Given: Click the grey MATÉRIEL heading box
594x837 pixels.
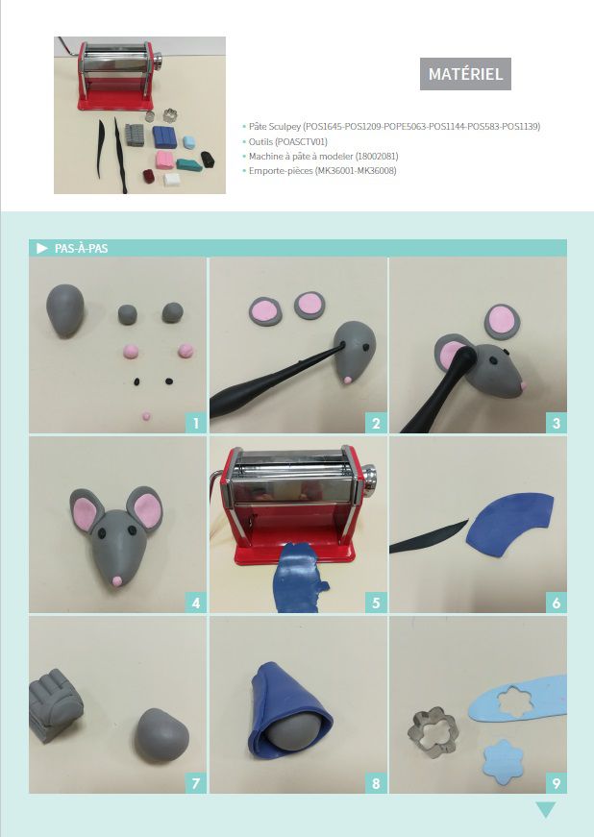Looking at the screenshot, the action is pyautogui.click(x=465, y=74).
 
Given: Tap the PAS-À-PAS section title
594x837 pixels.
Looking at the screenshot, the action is pyautogui.click(x=81, y=248).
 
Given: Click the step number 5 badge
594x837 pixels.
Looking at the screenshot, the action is pyautogui.click(x=376, y=603).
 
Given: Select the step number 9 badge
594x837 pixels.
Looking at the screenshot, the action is pyautogui.click(x=557, y=783).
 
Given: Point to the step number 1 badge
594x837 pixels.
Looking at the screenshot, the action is pyautogui.click(x=196, y=423).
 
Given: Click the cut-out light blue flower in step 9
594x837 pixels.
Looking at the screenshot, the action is pyautogui.click(x=504, y=762).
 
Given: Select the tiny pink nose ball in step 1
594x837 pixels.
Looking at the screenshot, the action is pyautogui.click(x=146, y=415).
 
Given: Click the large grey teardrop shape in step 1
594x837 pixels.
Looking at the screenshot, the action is pyautogui.click(x=65, y=309).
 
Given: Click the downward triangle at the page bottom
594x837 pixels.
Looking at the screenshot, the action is pyautogui.click(x=546, y=809).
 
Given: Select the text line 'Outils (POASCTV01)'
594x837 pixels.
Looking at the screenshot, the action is pyautogui.click(x=287, y=141).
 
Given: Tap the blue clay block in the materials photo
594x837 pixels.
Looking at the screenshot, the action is pyautogui.click(x=164, y=136).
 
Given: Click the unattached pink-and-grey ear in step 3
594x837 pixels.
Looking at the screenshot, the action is pyautogui.click(x=502, y=321).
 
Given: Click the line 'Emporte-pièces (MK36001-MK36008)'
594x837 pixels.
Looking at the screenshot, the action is pyautogui.click(x=322, y=171).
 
